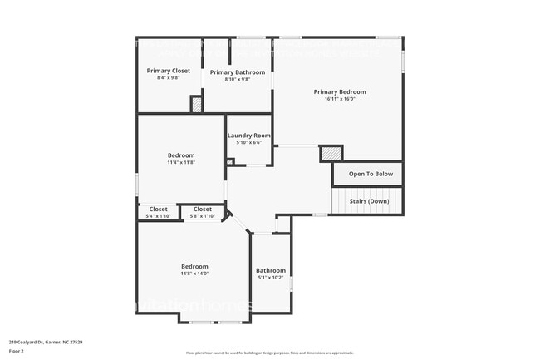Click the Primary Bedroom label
(339, 91)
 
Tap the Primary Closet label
(169, 71)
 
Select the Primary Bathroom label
(238, 72)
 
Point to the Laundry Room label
(249, 136)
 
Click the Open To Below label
(371, 174)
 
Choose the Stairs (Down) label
(368, 201)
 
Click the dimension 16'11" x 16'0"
(339, 99)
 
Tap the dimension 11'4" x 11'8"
(181, 162)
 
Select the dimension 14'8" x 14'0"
(194, 274)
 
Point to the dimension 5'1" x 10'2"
(271, 278)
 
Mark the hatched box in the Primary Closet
(197, 105)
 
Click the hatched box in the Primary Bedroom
(331, 153)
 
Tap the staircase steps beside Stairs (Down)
(340, 201)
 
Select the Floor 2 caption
(17, 351)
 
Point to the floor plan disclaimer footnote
(269, 353)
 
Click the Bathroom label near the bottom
(271, 270)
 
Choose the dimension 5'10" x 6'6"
(249, 143)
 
